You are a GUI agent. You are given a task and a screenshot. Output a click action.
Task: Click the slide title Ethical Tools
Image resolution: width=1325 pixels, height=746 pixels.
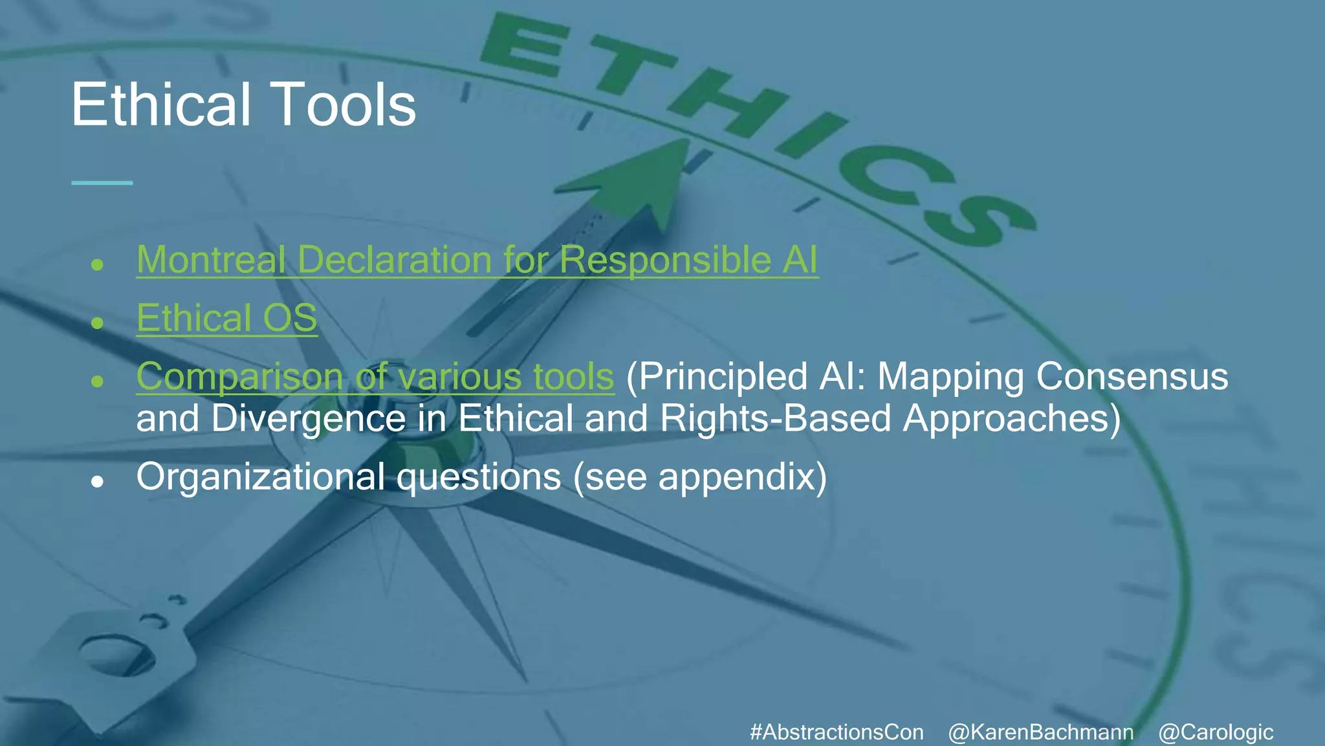[x=243, y=105]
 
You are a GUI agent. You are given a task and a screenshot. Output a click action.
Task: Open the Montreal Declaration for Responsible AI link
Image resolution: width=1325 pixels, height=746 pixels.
[x=477, y=260]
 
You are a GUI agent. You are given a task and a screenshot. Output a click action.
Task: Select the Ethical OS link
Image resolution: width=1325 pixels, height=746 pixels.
[x=226, y=318]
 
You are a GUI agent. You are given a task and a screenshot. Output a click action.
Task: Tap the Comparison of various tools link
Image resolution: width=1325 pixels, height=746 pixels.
[x=375, y=376]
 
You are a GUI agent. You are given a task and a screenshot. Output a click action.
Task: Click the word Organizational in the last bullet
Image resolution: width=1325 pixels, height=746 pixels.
[x=260, y=477]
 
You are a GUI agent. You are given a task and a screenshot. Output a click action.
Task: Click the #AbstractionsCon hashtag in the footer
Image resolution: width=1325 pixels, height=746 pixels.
[x=837, y=732]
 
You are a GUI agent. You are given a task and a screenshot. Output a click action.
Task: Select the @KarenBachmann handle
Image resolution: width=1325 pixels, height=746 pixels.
[x=1040, y=732]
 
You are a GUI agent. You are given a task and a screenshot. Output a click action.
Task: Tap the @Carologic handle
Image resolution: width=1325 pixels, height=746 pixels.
[x=1216, y=732]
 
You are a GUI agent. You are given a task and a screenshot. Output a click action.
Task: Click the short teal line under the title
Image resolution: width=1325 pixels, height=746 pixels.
[x=102, y=183]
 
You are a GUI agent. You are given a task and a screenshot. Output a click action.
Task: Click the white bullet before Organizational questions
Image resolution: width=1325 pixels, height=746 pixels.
[x=98, y=482]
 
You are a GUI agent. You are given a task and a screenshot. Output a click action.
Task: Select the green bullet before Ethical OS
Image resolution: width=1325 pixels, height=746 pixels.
[x=98, y=322]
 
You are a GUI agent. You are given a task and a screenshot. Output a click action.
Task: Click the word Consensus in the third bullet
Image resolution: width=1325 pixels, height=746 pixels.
[x=1132, y=376]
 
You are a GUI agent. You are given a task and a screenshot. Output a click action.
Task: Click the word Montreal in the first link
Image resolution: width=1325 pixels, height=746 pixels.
[x=212, y=260]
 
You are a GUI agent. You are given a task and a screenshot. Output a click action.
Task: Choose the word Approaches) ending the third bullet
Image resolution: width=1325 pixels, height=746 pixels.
[x=1012, y=418]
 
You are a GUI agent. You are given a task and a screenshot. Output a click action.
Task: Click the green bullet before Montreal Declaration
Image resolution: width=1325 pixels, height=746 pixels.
[x=98, y=264]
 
